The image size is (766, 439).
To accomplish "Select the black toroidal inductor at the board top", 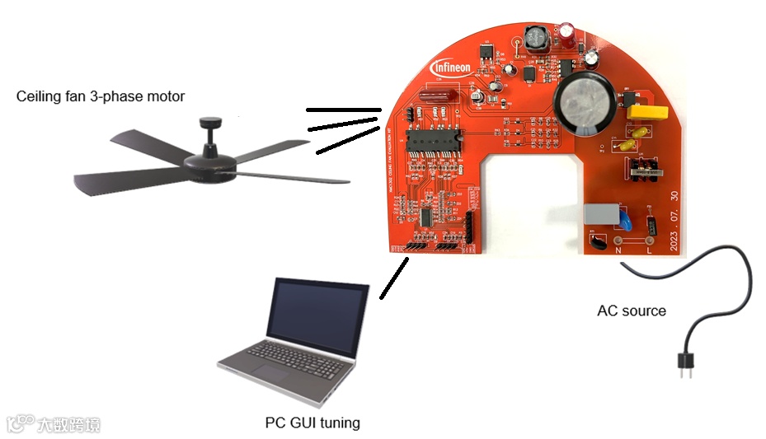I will click(537, 38).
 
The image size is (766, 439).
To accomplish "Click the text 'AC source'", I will click(632, 311).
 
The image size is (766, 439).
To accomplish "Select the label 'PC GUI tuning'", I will click(313, 423).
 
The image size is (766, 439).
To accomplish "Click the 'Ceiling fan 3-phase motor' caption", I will click(101, 96).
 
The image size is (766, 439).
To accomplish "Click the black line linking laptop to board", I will click(393, 278).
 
